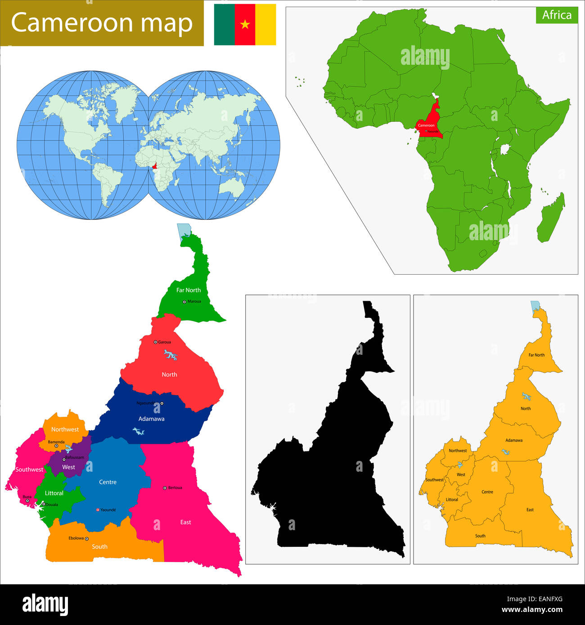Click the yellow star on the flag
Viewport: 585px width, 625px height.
(245, 24)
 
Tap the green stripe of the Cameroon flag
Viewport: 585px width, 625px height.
(224, 24)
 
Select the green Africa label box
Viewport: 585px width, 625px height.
(556, 15)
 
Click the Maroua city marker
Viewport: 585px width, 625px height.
(184, 302)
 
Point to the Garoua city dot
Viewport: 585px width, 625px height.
(156, 342)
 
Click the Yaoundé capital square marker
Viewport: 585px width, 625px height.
(98, 510)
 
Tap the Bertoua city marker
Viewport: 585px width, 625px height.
(165, 488)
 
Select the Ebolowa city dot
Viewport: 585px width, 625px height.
(87, 539)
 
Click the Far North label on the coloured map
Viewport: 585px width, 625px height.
(189, 290)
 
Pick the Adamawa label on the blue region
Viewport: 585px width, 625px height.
(151, 419)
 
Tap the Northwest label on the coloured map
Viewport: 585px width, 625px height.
(65, 429)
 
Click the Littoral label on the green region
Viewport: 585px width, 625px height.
(54, 493)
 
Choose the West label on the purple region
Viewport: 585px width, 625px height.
(68, 467)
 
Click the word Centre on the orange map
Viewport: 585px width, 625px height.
(487, 492)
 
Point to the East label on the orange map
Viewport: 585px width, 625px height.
(530, 509)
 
